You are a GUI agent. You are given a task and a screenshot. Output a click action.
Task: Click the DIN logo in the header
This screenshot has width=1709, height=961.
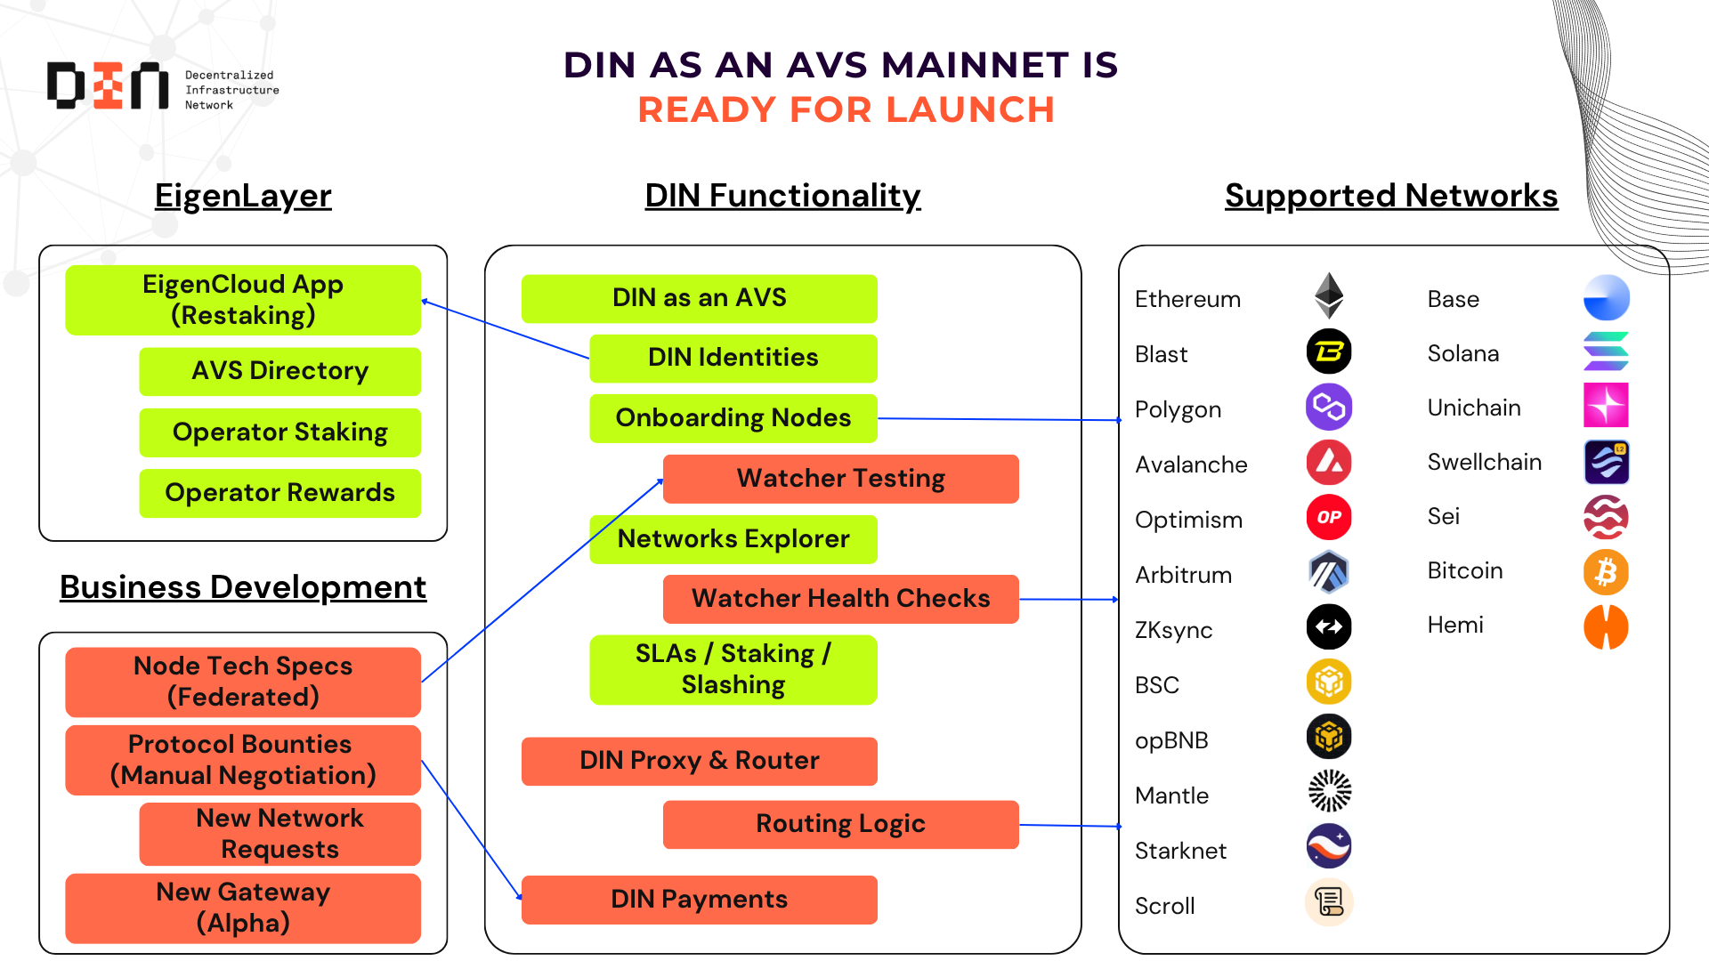(x=108, y=86)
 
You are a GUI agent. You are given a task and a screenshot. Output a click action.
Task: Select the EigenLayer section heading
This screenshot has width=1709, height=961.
(x=243, y=196)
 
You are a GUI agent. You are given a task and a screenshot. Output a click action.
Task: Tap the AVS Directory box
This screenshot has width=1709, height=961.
(x=279, y=371)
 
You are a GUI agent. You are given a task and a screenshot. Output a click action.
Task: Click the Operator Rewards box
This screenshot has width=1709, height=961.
(x=279, y=493)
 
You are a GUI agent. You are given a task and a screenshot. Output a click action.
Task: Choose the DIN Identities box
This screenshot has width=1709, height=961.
(x=733, y=358)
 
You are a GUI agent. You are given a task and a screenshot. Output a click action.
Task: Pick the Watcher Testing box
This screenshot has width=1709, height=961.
(x=840, y=479)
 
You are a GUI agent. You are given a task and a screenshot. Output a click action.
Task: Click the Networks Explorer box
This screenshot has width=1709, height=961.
(x=733, y=539)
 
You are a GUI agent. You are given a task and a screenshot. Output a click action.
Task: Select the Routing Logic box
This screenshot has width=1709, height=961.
(x=840, y=824)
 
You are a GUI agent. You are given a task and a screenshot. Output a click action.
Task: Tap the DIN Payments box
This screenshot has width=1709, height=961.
(x=699, y=900)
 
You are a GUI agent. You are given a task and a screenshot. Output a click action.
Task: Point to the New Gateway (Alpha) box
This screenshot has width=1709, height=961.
(x=243, y=908)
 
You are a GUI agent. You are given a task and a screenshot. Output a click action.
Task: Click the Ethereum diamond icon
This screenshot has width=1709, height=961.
(x=1329, y=295)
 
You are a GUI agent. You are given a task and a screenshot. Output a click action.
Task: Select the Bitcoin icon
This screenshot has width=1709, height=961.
(x=1606, y=571)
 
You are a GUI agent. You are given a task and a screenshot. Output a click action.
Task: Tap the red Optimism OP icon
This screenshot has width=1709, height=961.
(x=1329, y=517)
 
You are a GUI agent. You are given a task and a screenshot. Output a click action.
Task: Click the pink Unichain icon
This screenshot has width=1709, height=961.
(x=1606, y=406)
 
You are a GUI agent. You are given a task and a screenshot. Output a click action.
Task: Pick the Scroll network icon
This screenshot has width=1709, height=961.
(x=1329, y=902)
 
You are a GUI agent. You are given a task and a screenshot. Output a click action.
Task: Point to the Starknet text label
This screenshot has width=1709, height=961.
(x=1180, y=852)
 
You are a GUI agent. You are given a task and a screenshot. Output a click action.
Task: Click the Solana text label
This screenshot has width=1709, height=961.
(x=1462, y=354)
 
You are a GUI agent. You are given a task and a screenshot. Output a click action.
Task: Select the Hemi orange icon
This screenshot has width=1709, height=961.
(x=1606, y=626)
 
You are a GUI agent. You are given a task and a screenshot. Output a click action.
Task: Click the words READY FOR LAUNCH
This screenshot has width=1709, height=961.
(x=846, y=110)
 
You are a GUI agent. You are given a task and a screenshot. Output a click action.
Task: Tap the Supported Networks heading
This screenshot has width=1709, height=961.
(x=1390, y=196)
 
